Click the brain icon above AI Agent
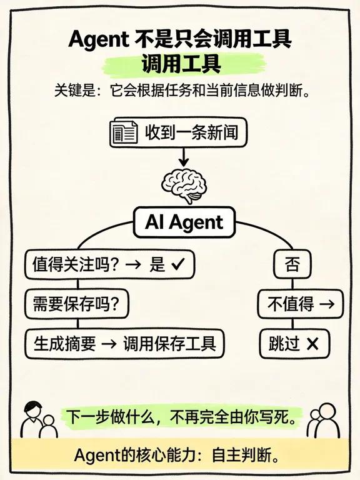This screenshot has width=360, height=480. [x=184, y=186]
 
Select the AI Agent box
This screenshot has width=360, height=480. [x=184, y=222]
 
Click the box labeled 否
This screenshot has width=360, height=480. [x=292, y=264]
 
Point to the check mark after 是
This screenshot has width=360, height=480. [x=178, y=264]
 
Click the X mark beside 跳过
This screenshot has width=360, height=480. [x=312, y=344]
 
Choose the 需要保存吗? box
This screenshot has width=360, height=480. [x=76, y=304]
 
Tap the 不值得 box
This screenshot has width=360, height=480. [x=300, y=304]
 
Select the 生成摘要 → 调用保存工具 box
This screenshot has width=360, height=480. [x=124, y=344]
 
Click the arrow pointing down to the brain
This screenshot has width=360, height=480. [x=184, y=157]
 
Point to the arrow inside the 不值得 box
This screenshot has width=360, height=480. [x=326, y=304]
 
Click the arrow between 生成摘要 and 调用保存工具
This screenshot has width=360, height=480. [x=109, y=344]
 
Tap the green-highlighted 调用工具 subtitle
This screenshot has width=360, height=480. [x=181, y=64]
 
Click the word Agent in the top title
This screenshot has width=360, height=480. [x=99, y=39]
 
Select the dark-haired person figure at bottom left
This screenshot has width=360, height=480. [x=33, y=419]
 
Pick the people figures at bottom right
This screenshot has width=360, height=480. [x=323, y=420]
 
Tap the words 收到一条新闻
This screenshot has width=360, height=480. [x=192, y=132]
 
